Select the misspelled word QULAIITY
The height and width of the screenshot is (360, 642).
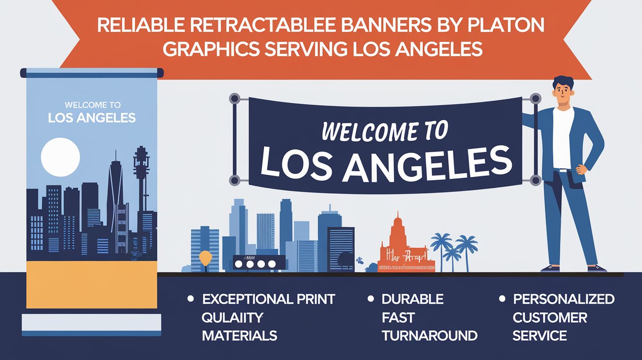(232, 317)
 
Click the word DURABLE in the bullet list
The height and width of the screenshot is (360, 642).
(413, 299)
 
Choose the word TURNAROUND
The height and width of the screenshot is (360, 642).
(429, 336)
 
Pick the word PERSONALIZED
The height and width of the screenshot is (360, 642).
(563, 299)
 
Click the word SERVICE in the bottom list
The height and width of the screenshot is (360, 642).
(540, 336)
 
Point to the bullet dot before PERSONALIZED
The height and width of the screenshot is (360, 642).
(502, 297)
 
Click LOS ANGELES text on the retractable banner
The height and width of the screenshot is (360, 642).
(92, 118)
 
